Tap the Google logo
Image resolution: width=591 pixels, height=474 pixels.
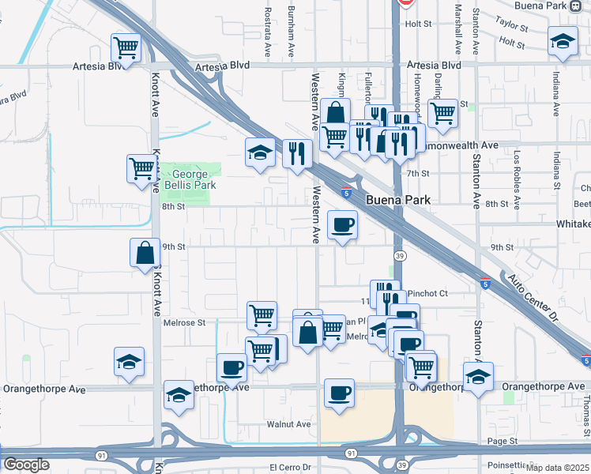tap(26, 465)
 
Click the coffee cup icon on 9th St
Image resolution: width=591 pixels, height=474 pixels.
tap(342, 226)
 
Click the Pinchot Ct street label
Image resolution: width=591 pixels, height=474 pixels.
tap(427, 293)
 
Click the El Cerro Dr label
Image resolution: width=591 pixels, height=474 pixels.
tap(292, 467)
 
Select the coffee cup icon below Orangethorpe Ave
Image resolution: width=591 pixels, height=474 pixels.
tap(339, 393)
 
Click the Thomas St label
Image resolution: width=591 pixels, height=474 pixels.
tap(585, 411)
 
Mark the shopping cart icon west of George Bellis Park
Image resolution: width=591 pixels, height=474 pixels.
tap(141, 168)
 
